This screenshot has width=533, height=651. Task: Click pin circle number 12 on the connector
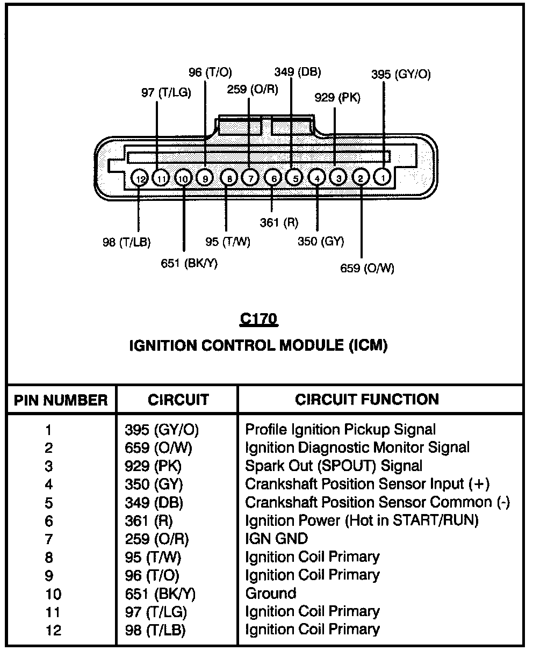click(139, 178)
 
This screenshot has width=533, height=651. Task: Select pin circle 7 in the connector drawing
click(249, 177)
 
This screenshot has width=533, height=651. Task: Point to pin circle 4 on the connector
click(317, 177)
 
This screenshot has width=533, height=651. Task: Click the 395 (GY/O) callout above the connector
click(401, 75)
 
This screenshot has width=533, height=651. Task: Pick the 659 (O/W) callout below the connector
click(367, 268)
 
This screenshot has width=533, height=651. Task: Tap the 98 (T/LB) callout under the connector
click(126, 242)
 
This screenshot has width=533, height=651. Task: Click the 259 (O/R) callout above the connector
click(253, 89)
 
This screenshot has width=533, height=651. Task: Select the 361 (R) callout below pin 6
click(279, 222)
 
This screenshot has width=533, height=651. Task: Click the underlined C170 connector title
click(258, 320)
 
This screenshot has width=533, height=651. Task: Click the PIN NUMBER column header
click(61, 400)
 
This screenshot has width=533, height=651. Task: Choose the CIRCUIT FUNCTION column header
click(367, 399)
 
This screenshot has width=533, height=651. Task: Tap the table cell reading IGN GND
click(276, 539)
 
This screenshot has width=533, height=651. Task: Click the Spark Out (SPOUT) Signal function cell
click(334, 466)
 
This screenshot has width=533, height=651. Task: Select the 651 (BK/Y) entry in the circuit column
click(160, 594)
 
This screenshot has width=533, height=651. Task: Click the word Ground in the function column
click(270, 594)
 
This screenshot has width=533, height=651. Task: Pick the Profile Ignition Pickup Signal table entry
click(340, 430)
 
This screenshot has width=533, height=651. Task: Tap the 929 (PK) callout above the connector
click(337, 98)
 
